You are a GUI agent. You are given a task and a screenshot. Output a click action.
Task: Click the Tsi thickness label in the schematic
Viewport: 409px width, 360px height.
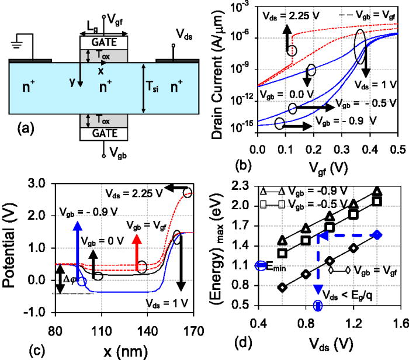pyautogui.click(x=153, y=89)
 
